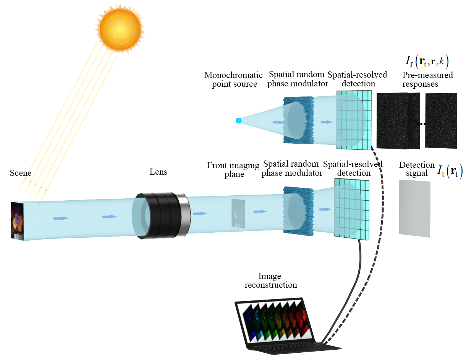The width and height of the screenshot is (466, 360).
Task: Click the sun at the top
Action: [120, 29]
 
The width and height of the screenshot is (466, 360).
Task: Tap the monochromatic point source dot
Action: [238, 120]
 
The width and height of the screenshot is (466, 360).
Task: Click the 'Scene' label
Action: [21, 173]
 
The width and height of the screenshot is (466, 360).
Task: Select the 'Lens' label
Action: [158, 172]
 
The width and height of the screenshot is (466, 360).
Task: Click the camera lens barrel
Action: [161, 216]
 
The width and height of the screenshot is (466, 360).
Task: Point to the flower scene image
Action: [17, 221]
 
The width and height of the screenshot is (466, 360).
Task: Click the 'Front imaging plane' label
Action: [233, 169]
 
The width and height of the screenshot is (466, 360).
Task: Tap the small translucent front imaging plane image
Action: [238, 213]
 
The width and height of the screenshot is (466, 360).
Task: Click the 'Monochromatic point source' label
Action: [233, 79]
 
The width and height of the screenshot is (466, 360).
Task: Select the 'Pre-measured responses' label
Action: [428, 79]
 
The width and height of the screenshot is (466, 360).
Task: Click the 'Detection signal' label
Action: [417, 169]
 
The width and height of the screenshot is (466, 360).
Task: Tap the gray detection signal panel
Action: [414, 208]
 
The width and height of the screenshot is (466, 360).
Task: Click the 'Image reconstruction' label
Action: [271, 281]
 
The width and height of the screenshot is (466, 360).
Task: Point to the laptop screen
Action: [275, 321]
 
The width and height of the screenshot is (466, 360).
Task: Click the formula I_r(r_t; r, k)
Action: [427, 62]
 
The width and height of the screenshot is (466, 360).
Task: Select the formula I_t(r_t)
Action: [450, 171]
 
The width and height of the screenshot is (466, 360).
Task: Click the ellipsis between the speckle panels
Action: [422, 124]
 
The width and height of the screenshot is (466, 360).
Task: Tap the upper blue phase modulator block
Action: [299, 120]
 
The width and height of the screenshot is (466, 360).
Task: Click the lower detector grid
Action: [352, 209]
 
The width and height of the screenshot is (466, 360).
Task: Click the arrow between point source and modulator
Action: [278, 122]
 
